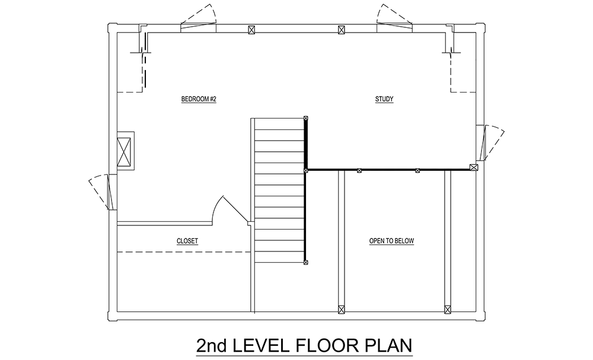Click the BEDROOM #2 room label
click(199, 99)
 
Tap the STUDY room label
click(384, 99)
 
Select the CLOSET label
click(187, 241)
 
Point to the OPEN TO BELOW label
click(391, 241)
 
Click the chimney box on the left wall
click(125, 151)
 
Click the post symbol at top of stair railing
click(305, 118)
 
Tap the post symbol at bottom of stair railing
click(305, 262)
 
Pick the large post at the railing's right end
click(473, 167)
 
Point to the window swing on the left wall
click(100, 192)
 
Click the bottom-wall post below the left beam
click(341, 309)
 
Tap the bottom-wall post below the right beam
click(448, 309)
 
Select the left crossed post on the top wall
click(251, 30)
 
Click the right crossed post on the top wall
click(341, 30)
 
